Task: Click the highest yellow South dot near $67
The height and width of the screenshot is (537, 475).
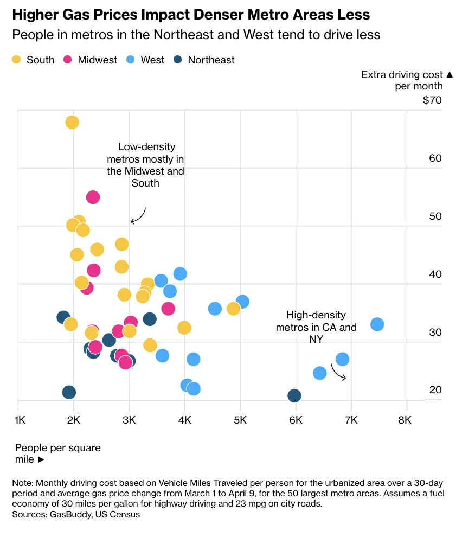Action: pos(72,123)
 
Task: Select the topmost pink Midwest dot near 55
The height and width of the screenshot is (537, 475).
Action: pos(93,197)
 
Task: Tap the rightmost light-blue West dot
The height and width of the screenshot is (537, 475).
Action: pos(377,324)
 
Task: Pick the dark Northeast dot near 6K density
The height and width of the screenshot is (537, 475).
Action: pos(294,395)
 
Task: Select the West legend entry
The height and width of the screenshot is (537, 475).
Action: pos(146,60)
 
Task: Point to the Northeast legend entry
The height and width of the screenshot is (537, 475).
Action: pos(204,60)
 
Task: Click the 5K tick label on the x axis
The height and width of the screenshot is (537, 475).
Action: pos(240,420)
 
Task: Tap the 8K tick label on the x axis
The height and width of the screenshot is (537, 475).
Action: pos(405,420)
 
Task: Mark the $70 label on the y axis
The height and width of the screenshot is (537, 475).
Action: pos(433,100)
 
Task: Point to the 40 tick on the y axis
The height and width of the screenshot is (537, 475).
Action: pos(435,274)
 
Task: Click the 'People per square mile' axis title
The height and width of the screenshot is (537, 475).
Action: pos(57,453)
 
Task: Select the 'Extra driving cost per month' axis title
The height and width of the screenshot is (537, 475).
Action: pos(402,80)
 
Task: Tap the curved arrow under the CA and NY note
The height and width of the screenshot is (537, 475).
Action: pos(338,372)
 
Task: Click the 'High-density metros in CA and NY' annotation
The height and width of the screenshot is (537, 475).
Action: pos(316,327)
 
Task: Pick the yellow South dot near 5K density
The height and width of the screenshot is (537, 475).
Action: pos(234,309)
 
